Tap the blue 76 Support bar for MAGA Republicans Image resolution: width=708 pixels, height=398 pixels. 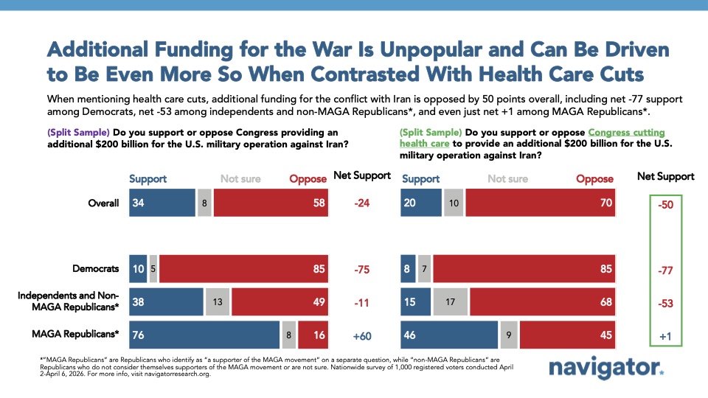[204, 333]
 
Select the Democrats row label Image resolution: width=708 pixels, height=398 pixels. [96, 269]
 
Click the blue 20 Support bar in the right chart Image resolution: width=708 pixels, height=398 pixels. [420, 203]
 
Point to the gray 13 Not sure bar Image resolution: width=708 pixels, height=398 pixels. [217, 301]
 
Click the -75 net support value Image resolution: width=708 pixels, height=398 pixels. [362, 269]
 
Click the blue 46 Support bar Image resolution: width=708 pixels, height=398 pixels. [448, 333]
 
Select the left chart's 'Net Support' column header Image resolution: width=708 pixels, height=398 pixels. [362, 177]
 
